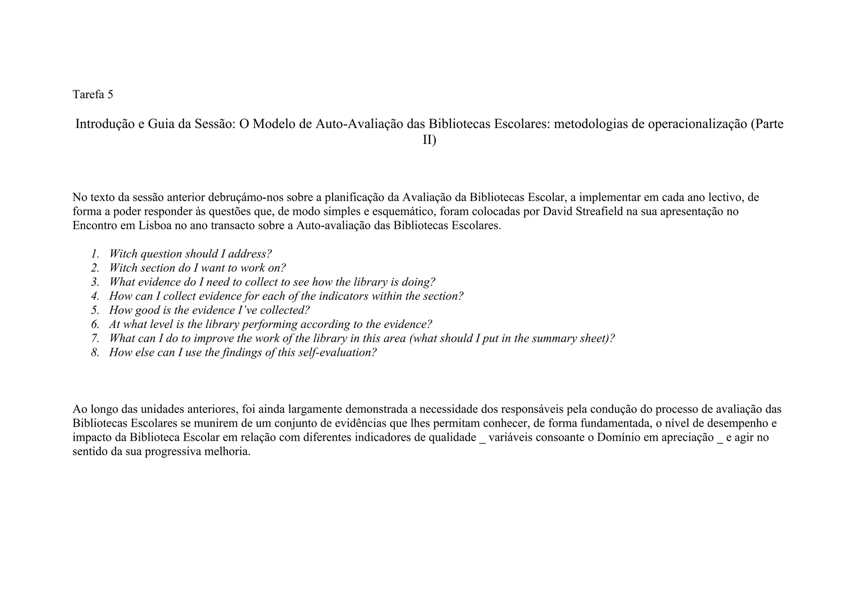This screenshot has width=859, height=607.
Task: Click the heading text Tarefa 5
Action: pyautogui.click(x=93, y=94)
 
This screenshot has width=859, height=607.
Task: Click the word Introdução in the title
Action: pyautogui.click(x=105, y=124)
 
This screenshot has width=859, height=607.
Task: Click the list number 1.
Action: pyautogui.click(x=95, y=254)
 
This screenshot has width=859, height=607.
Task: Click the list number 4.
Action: pyautogui.click(x=95, y=296)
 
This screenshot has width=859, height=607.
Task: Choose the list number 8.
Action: pyautogui.click(x=95, y=352)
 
